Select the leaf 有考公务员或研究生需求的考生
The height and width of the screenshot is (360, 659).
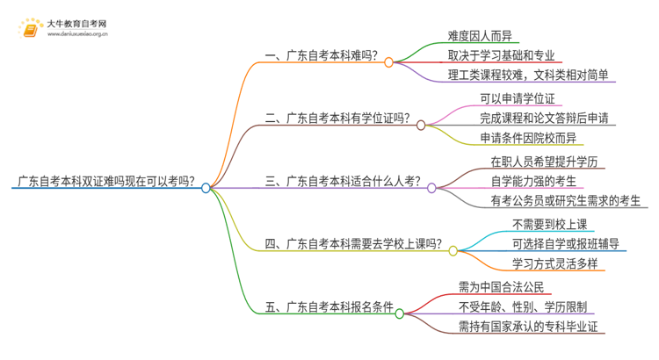(x=567, y=201)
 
